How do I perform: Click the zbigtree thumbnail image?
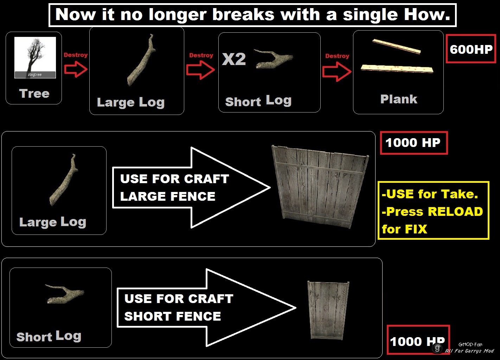click(x=35, y=57)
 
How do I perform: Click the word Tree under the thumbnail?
click(x=34, y=93)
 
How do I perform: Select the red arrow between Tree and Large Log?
click(x=76, y=69)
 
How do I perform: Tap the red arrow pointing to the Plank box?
click(x=337, y=72)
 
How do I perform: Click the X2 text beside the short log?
click(x=234, y=59)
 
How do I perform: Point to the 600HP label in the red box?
click(x=471, y=49)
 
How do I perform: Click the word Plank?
click(x=399, y=99)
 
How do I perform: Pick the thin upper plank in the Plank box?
click(x=396, y=46)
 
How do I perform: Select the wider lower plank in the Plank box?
click(x=397, y=69)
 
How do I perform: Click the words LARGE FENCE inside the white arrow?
click(x=168, y=197)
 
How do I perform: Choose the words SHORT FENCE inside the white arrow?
click(x=173, y=316)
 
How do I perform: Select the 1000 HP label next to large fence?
click(x=413, y=143)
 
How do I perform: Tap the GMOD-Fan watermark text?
click(x=470, y=345)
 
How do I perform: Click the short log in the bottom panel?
click(x=65, y=294)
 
